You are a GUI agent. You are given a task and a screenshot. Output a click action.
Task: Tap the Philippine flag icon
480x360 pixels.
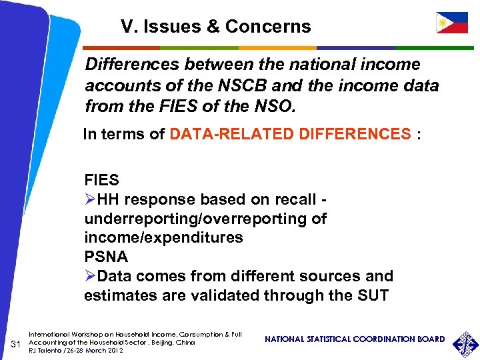(x=451, y=23)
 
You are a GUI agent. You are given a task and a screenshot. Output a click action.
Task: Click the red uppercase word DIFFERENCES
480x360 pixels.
(x=357, y=134)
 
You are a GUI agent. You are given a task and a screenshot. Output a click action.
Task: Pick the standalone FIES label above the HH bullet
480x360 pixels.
(x=102, y=181)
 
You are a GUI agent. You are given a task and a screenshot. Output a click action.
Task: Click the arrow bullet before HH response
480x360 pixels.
(x=90, y=199)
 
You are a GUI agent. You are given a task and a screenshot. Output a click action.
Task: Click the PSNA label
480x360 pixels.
(x=106, y=257)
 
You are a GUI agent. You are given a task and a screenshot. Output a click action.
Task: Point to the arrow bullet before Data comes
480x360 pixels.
(x=90, y=276)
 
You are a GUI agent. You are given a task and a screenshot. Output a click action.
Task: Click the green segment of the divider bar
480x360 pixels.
(x=199, y=48)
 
